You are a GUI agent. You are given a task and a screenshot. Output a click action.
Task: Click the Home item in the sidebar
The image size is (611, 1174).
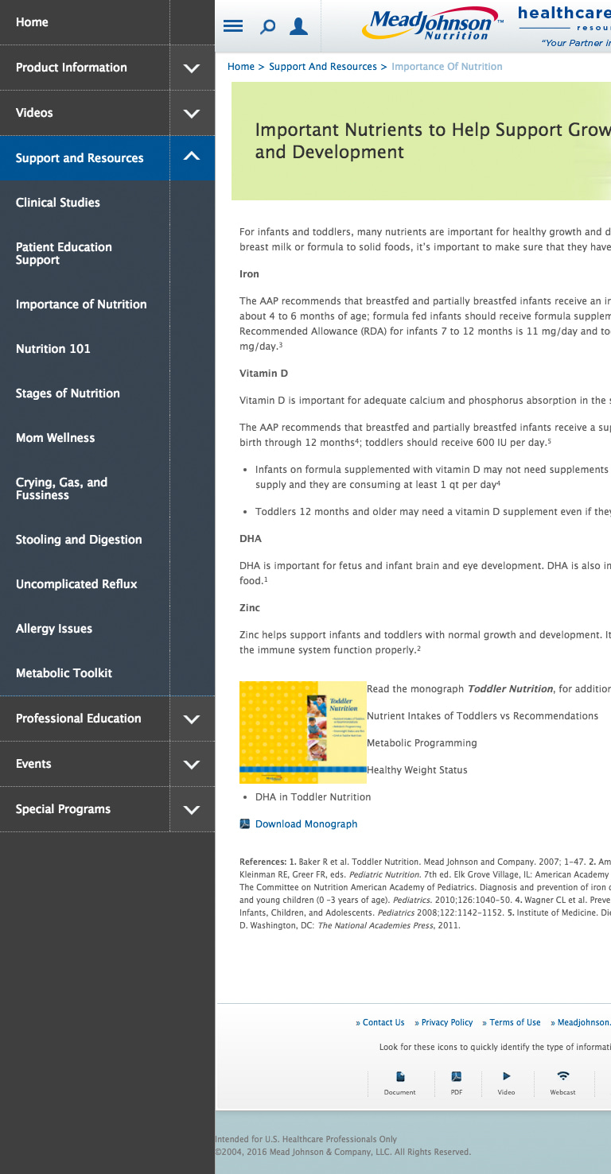pyautogui.click(x=32, y=22)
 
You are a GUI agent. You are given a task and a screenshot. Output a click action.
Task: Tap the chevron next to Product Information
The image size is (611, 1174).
pyautogui.click(x=192, y=68)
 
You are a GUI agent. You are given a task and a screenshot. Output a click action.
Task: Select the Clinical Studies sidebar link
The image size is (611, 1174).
pyautogui.click(x=58, y=203)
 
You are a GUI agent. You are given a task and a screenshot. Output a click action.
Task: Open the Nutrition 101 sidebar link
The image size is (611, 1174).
pyautogui.click(x=53, y=349)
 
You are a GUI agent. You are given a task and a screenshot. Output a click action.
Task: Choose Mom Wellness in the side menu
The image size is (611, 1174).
pyautogui.click(x=55, y=438)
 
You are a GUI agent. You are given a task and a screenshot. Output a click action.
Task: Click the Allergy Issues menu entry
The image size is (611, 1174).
pyautogui.click(x=54, y=629)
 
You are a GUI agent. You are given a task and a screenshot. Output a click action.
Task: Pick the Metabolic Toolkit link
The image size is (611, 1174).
pyautogui.click(x=64, y=673)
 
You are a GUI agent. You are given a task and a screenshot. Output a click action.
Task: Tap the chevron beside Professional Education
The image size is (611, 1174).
pyautogui.click(x=192, y=719)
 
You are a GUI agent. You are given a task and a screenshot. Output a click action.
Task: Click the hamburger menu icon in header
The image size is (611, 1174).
pyautogui.click(x=233, y=26)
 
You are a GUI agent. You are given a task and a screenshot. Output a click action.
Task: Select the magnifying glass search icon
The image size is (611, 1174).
pyautogui.click(x=268, y=27)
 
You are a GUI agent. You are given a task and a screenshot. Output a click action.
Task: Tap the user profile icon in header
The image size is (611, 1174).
pyautogui.click(x=298, y=27)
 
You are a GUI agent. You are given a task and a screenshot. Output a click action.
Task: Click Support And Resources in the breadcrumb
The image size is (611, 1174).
pyautogui.click(x=323, y=67)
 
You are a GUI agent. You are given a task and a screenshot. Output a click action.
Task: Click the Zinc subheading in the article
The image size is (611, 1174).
pyautogui.click(x=250, y=608)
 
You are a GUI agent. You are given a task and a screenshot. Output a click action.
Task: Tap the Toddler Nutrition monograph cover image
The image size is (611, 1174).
pyautogui.click(x=303, y=732)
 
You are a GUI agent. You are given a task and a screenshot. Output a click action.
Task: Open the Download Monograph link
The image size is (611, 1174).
pyautogui.click(x=306, y=824)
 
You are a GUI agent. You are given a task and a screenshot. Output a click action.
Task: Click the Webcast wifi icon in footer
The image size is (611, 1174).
pyautogui.click(x=562, y=1076)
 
